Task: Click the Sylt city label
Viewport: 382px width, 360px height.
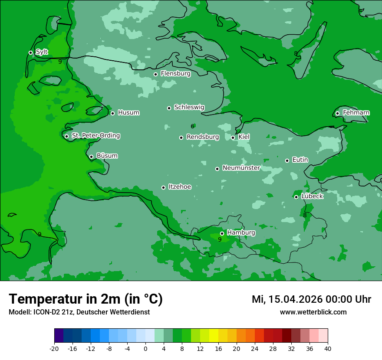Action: pyautogui.click(x=42, y=52)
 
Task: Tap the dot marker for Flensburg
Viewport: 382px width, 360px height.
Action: pyautogui.click(x=155, y=74)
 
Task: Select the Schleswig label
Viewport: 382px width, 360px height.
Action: pyautogui.click(x=189, y=107)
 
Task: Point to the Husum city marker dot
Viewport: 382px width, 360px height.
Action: pyautogui.click(x=112, y=113)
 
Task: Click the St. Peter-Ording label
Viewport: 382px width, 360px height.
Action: pyautogui.click(x=95, y=136)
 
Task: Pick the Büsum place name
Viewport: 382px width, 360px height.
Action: pyautogui.click(x=107, y=156)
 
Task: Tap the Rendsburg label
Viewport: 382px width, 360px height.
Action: pyautogui.click(x=203, y=137)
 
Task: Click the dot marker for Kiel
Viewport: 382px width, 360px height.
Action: pyautogui.click(x=233, y=137)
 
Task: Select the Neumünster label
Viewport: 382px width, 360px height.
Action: pyautogui.click(x=241, y=168)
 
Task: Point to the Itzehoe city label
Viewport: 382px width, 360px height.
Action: pyautogui.click(x=179, y=187)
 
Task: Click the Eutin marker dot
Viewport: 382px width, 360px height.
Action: pyautogui.click(x=287, y=160)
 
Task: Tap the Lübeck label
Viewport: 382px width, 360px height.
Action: pyautogui.click(x=312, y=196)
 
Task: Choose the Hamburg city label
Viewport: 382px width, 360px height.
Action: pyautogui.click(x=241, y=232)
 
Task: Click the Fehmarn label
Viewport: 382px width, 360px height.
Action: pyautogui.click(x=356, y=113)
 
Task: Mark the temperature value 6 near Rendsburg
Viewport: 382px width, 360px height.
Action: pyautogui.click(x=192, y=126)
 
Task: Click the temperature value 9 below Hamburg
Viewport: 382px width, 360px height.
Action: pyautogui.click(x=220, y=239)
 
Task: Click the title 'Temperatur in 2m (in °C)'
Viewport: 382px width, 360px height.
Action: pyautogui.click(x=86, y=299)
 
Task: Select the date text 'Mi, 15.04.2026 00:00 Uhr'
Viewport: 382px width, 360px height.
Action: pyautogui.click(x=311, y=299)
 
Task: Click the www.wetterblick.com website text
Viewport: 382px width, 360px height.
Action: pyautogui.click(x=313, y=312)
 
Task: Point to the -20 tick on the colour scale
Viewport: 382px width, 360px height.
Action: pyautogui.click(x=54, y=349)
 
